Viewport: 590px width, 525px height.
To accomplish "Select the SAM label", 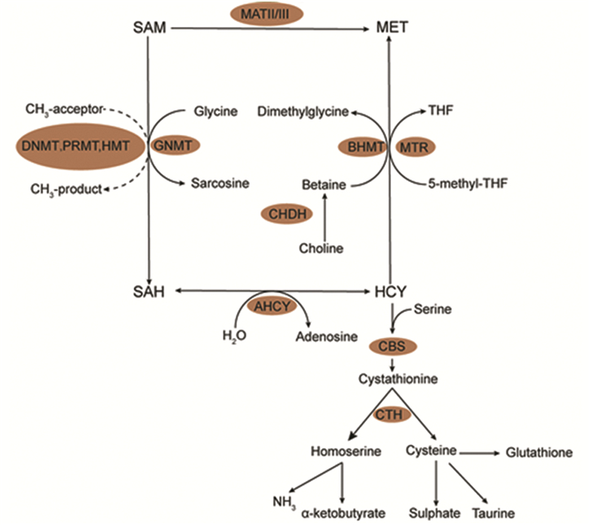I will coord(148,29).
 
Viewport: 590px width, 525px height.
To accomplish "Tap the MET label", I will coord(392,29).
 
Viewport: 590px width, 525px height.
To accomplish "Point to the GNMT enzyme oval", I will coord(175,144).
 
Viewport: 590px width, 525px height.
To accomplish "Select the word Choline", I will coord(321,249).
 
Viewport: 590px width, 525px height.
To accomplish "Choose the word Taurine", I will coord(494,512).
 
